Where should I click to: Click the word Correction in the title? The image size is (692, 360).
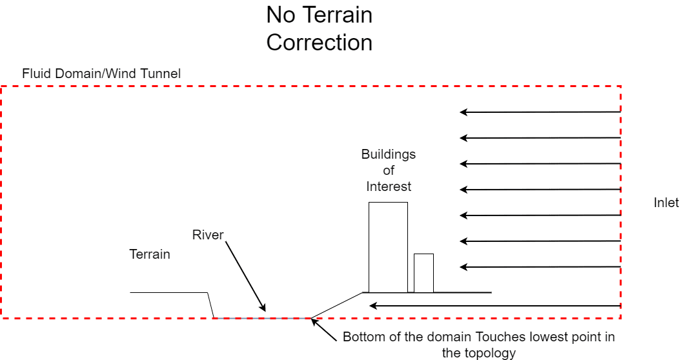319,43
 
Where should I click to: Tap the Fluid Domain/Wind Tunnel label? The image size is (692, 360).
101,74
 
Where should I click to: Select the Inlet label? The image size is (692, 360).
666,203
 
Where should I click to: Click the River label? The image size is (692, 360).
207,235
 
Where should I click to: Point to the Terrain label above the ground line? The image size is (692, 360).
150,254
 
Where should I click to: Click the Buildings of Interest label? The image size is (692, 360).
388,170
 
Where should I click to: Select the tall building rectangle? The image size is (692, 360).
388,247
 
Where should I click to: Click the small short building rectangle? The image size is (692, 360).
423,273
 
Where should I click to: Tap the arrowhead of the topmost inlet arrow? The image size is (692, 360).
463,112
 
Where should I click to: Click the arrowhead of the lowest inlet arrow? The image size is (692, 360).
372,306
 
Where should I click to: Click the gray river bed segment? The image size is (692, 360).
261,317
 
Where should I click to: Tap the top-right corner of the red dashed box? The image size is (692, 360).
620,86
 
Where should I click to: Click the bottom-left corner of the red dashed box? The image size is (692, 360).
2,317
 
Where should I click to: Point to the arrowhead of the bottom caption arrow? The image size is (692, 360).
314,321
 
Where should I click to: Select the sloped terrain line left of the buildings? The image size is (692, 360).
337,305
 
